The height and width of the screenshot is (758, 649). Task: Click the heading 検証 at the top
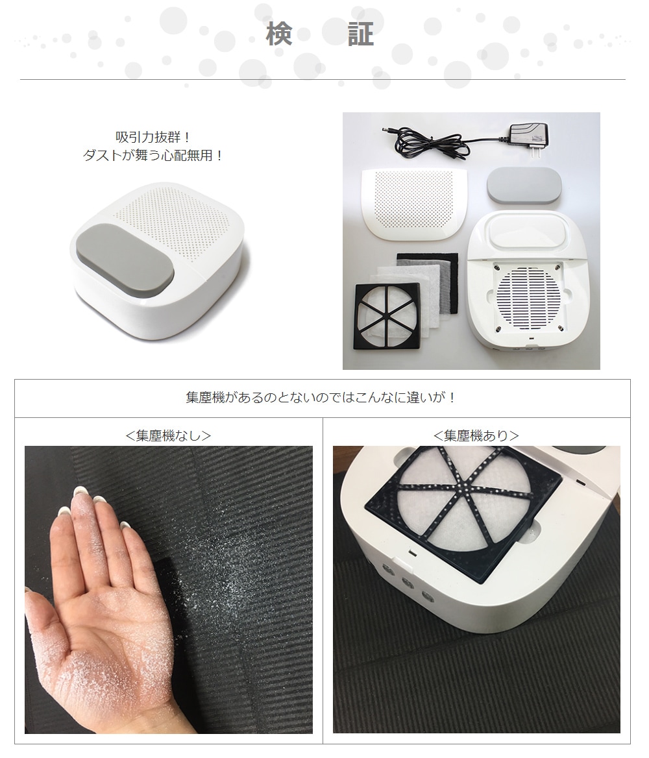pyautogui.click(x=320, y=34)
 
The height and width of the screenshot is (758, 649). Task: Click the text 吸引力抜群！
pyautogui.click(x=153, y=138)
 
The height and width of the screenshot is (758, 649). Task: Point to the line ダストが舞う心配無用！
pyautogui.click(x=153, y=156)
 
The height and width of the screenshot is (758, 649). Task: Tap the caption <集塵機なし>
pyautogui.click(x=168, y=436)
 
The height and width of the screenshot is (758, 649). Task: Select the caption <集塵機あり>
pyautogui.click(x=476, y=436)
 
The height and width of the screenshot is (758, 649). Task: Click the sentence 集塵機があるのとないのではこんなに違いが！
pyautogui.click(x=322, y=398)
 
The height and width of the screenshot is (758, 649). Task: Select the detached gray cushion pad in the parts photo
pyautogui.click(x=524, y=186)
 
